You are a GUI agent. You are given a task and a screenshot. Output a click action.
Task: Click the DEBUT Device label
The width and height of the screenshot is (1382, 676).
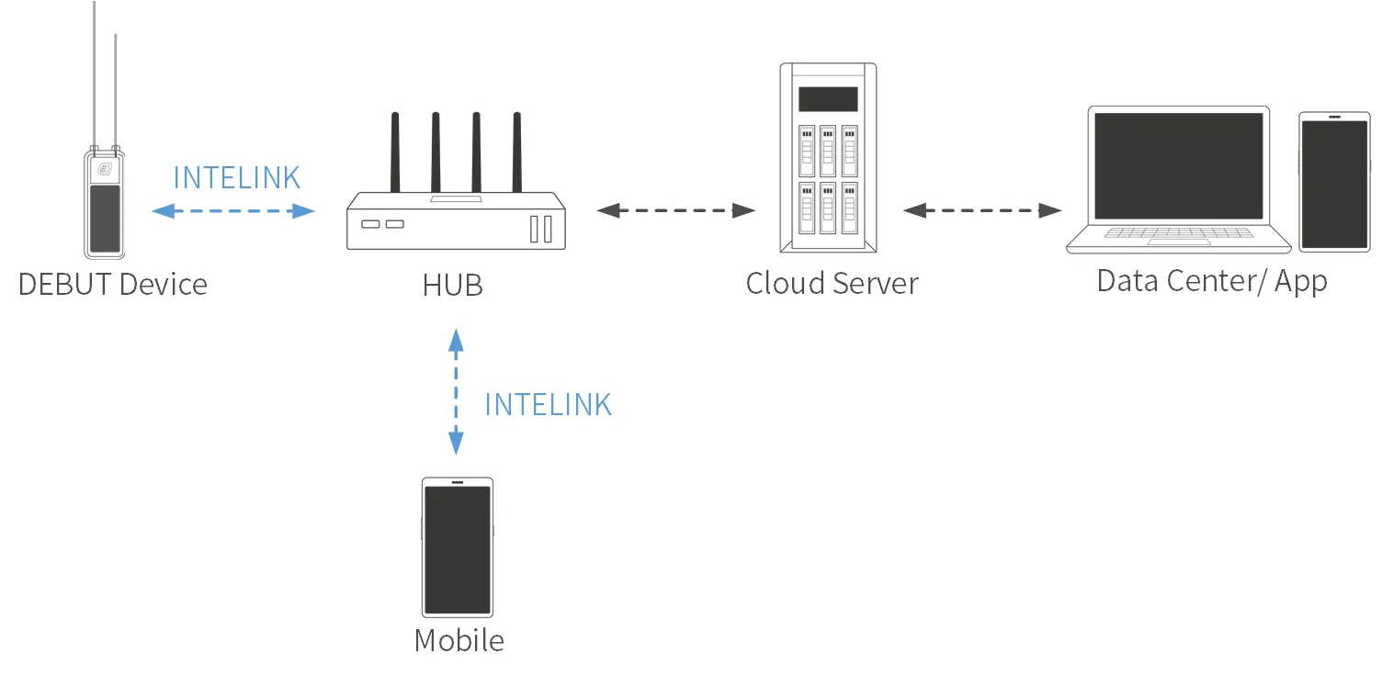click(113, 284)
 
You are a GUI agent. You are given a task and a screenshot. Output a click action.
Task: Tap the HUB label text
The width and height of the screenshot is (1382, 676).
click(452, 285)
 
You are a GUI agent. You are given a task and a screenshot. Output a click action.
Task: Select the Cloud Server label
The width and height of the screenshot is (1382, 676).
click(832, 283)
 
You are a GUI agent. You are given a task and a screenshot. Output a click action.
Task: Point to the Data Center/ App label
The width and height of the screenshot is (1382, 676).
click(1212, 281)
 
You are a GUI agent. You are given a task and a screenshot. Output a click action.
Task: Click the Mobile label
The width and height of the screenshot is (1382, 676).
click(459, 640)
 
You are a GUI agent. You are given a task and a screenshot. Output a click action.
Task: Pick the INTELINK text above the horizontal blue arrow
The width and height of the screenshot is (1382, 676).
click(236, 177)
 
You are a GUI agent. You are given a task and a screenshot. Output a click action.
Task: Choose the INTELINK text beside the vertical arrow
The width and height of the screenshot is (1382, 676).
click(548, 404)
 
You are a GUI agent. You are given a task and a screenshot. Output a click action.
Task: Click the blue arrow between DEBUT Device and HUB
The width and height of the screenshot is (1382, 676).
click(233, 211)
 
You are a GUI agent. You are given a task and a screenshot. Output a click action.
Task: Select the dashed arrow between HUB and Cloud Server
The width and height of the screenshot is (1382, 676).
click(675, 210)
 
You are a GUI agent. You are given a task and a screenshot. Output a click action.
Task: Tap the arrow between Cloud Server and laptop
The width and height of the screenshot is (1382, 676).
click(981, 210)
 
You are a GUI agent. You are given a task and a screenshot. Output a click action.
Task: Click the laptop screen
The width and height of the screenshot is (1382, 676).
click(1179, 165)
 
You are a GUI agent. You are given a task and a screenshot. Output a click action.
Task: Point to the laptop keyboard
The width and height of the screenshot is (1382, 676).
click(1179, 232)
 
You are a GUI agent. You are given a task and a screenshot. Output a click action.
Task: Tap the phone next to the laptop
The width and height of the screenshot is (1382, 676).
click(1334, 182)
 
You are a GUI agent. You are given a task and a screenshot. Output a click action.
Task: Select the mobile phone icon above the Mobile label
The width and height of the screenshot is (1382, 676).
click(457, 546)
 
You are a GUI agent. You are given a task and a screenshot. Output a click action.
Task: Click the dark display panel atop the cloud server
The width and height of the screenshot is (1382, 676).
click(828, 98)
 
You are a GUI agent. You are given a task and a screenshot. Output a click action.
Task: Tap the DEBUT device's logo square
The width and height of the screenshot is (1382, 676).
click(105, 169)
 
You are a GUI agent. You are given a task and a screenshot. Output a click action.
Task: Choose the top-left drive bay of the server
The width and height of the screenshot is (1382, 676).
click(807, 150)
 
